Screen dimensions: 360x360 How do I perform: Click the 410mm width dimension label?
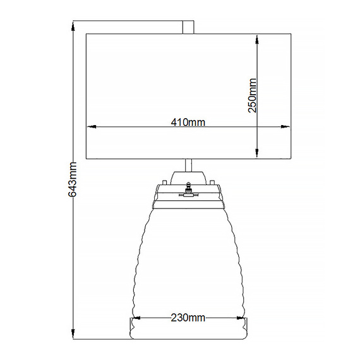[x=188, y=122]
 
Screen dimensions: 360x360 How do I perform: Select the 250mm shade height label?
[x=251, y=95]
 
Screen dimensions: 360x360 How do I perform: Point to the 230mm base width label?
[x=188, y=318]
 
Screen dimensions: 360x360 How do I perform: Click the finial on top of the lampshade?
[x=188, y=28]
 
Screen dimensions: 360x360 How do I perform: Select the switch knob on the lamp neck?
[x=188, y=188]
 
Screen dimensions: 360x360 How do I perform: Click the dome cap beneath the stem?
[x=188, y=176]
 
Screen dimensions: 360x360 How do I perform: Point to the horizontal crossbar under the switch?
[x=188, y=195]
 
